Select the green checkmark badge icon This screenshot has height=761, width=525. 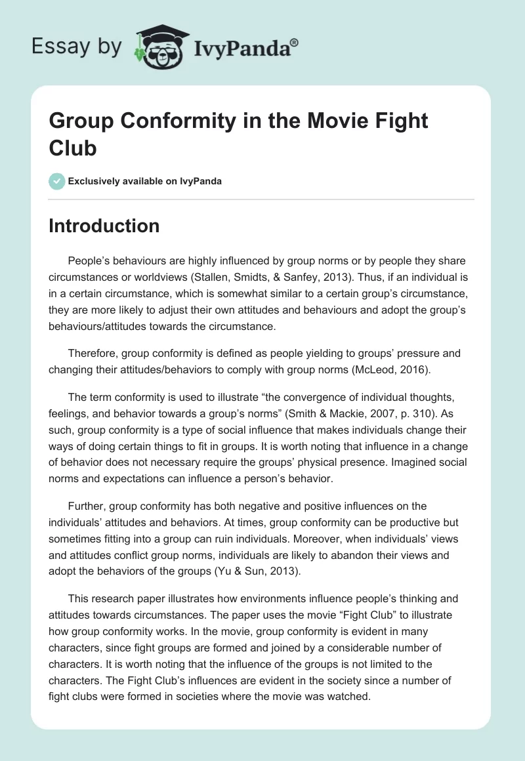[x=57, y=181]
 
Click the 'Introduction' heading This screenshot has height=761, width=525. [x=104, y=226]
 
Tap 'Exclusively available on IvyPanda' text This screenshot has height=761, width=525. [x=146, y=181]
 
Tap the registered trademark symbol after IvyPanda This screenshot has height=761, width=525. [x=295, y=43]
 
